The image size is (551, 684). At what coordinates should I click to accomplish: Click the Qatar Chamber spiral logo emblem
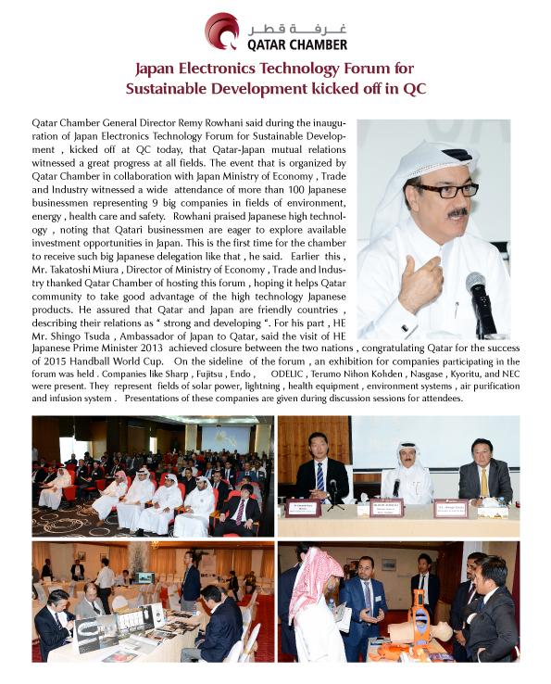pos(221,31)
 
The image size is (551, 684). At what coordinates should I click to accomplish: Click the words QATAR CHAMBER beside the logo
pos(296,44)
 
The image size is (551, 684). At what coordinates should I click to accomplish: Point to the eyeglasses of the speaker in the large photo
pos(446,190)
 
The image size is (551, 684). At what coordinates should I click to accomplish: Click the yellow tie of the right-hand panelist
pos(483,483)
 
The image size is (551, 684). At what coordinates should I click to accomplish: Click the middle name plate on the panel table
pos(386,508)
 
